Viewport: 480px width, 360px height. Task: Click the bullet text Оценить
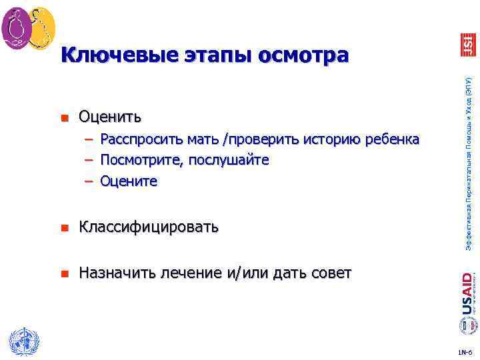[x=110, y=118]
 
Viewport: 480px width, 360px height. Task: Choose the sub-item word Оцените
[x=129, y=181]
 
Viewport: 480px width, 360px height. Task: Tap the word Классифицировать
[x=149, y=227]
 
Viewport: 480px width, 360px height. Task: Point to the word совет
[x=329, y=273]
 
